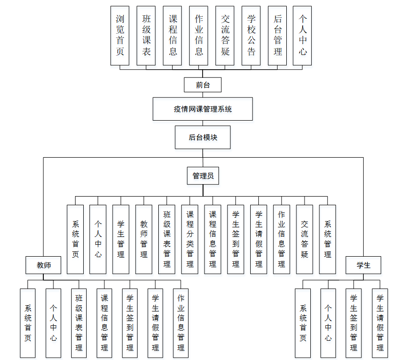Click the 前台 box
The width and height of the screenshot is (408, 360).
[x=203, y=85]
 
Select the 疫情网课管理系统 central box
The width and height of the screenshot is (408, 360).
[x=203, y=109]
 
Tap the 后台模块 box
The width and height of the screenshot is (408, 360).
[x=203, y=137]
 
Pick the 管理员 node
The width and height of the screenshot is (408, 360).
[x=203, y=176]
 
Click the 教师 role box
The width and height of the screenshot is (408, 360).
[x=43, y=265]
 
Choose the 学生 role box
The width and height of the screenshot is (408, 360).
[x=363, y=265]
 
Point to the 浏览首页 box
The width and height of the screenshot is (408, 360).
[x=120, y=36]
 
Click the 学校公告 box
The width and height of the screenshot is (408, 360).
[x=251, y=36]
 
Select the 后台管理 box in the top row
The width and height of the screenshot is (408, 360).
[x=278, y=36]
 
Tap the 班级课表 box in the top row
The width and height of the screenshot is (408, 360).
[x=146, y=36]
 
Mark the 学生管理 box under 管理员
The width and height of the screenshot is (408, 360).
[x=121, y=239]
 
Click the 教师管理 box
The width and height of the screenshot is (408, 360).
[x=144, y=239]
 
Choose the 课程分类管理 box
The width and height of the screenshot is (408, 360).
[x=190, y=239]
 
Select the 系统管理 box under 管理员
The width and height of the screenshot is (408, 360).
[x=328, y=239]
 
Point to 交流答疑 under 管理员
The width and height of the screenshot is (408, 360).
[x=305, y=239]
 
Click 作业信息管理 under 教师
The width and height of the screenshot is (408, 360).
[x=181, y=323]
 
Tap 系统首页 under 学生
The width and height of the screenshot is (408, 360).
[x=303, y=323]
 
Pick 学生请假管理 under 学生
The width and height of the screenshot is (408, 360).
[x=380, y=323]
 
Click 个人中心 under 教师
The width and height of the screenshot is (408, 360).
[x=53, y=323]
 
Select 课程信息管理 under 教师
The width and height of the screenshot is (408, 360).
[x=104, y=323]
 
